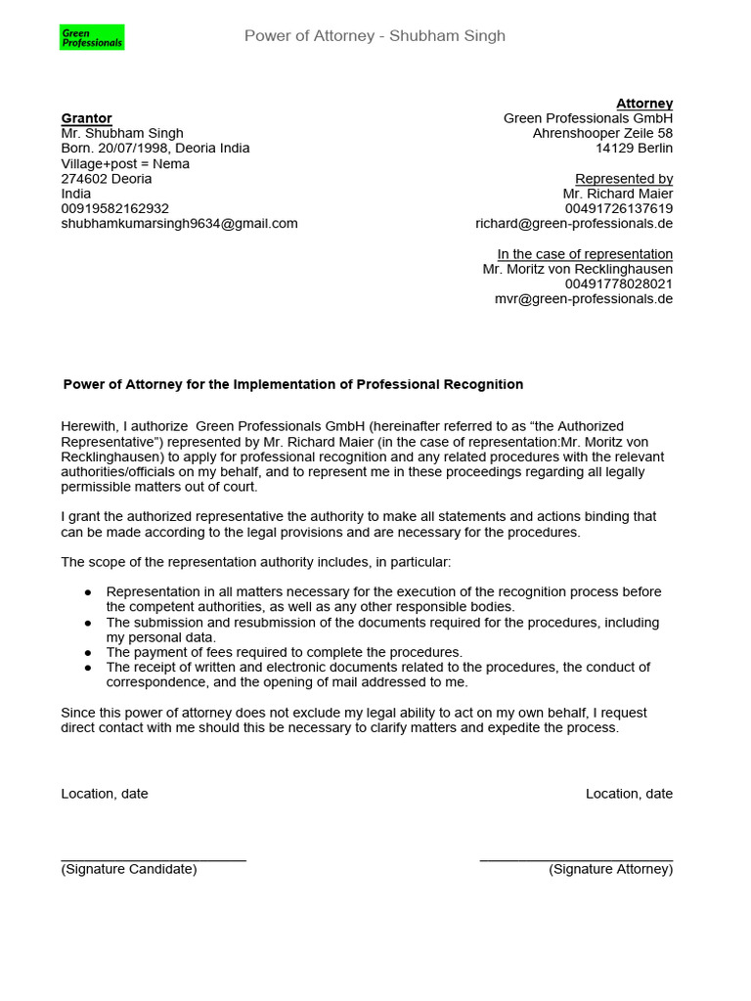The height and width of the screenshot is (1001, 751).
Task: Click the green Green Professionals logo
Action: pos(92,38)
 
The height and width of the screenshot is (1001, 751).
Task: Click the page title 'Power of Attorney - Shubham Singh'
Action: pos(375,36)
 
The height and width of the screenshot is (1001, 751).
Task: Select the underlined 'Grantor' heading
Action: pos(86,118)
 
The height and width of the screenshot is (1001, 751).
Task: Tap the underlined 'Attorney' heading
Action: pos(643,104)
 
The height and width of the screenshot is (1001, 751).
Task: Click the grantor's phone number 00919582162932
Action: pos(114,209)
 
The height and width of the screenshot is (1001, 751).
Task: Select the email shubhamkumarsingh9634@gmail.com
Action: pos(179,224)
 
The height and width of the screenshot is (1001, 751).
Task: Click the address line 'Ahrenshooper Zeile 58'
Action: pos(602,133)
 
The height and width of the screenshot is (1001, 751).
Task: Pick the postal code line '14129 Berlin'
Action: pos(634,149)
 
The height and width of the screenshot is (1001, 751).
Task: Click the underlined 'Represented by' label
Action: pos(623,179)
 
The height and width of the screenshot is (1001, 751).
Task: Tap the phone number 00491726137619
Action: pos(618,209)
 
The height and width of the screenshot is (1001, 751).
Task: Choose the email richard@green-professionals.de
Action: pos(574,224)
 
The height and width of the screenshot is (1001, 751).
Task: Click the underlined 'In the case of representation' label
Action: pos(585,254)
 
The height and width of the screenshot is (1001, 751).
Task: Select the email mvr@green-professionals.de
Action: pos(584,299)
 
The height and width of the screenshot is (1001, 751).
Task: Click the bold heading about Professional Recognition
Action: pos(292,385)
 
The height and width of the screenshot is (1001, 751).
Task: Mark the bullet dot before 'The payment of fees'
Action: pos(88,652)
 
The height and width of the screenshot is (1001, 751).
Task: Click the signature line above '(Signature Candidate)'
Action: pos(154,859)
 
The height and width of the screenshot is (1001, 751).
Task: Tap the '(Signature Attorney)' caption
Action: pos(610,869)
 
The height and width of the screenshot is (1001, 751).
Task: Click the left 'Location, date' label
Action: pos(105,794)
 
